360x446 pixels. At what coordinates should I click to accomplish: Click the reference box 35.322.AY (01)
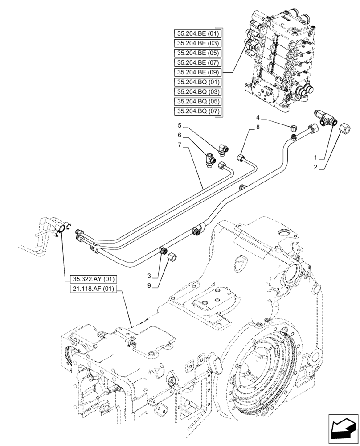click(92, 279)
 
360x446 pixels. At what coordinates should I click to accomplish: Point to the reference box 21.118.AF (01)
click(92, 289)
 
